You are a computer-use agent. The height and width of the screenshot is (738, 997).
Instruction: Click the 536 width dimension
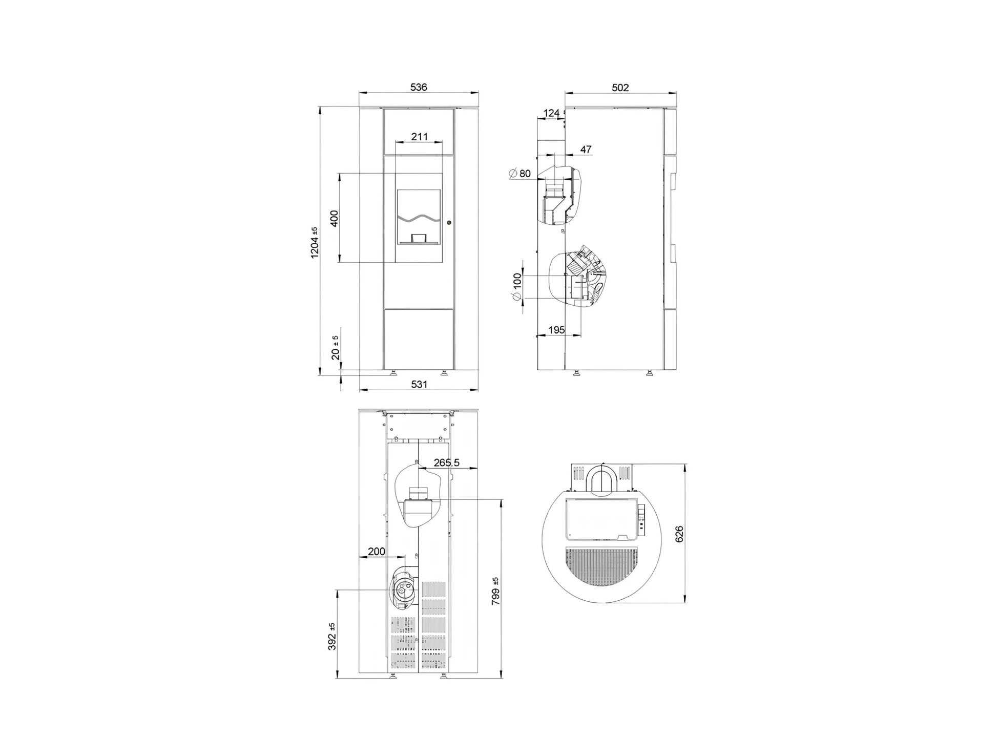[x=419, y=87]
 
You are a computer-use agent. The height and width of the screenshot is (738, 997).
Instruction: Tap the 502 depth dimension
[x=620, y=88]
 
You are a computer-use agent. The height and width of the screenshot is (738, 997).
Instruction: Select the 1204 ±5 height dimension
[x=315, y=242]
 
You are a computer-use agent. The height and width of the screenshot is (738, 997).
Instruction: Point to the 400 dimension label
[x=334, y=219]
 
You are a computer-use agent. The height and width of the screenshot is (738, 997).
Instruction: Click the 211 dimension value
[x=419, y=137]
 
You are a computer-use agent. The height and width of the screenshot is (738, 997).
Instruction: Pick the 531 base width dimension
[x=419, y=384]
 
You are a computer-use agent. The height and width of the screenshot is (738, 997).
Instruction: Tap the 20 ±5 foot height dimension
[x=336, y=348]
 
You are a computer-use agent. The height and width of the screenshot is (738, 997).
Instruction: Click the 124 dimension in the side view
[x=551, y=113]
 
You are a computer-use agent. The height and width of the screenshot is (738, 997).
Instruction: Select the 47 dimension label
[x=586, y=150]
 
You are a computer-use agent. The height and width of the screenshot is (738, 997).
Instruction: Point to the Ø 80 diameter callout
[x=520, y=174]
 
